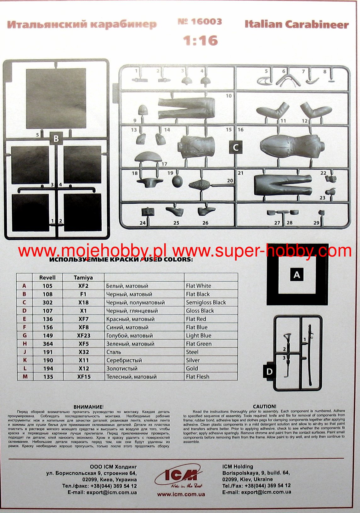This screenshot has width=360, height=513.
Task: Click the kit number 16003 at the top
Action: click(200, 22)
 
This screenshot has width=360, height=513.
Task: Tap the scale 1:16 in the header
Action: click(200, 41)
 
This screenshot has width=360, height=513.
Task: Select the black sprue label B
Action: click(56, 138)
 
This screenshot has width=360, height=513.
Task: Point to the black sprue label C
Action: click(236, 147)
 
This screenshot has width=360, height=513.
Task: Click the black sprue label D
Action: click(269, 372)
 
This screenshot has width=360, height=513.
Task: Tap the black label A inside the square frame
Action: click(296, 275)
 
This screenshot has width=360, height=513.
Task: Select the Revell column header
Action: click(47, 278)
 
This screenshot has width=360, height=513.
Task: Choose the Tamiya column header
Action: click(83, 278)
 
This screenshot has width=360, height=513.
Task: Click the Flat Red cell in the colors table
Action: click(196, 319)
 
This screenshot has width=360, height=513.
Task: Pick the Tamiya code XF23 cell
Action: click(83, 335)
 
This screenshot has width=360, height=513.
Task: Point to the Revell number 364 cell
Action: click(48, 344)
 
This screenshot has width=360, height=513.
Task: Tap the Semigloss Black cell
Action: click(206, 302)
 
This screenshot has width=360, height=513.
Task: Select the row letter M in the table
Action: click(25, 377)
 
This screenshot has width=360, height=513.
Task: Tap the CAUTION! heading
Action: click(264, 407)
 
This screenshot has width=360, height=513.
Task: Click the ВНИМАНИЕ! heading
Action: click(88, 407)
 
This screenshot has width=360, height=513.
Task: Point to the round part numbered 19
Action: click(177, 182)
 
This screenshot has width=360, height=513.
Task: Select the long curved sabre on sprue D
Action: click(311, 356)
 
